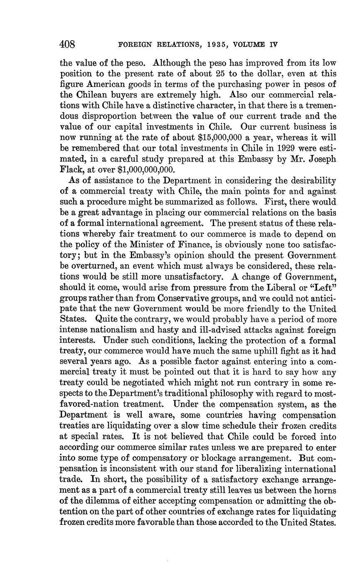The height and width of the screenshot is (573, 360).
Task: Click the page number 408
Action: [67, 44]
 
